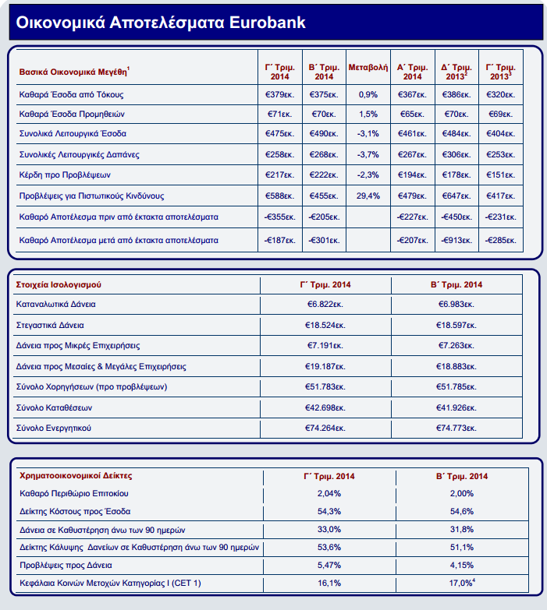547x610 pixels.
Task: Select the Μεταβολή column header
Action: (368, 68)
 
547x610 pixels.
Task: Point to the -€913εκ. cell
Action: (456, 240)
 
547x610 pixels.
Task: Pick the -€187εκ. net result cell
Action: (278, 240)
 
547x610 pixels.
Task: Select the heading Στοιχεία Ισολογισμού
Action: (59, 284)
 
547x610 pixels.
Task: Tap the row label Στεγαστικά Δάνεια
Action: (52, 324)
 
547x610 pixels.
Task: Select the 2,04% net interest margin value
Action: (329, 493)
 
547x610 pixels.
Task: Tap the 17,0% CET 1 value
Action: (460, 582)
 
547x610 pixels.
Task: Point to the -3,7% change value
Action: (368, 154)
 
